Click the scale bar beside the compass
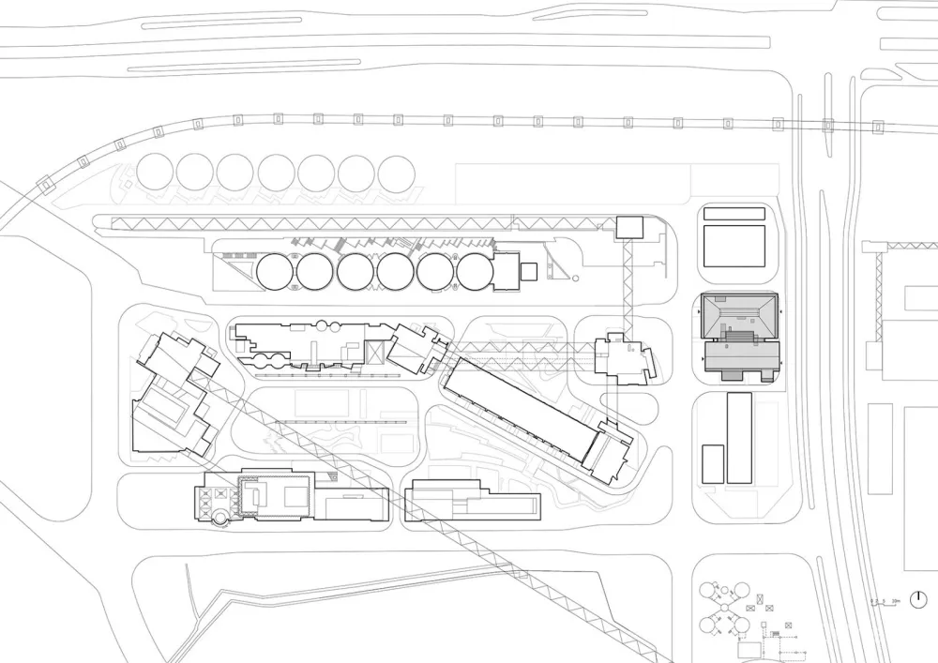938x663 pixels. (x=885, y=602)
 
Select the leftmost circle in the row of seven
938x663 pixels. (x=155, y=173)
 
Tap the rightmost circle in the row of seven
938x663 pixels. (x=397, y=173)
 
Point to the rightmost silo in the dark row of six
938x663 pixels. (x=476, y=272)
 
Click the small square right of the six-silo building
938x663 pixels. (x=529, y=271)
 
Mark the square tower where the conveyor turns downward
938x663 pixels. (x=628, y=226)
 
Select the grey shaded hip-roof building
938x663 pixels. (x=740, y=335)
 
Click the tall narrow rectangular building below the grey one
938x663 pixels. (x=739, y=438)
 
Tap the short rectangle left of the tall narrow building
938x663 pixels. (x=713, y=463)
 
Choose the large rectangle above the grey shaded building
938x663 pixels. (x=734, y=246)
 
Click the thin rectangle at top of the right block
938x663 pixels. (x=734, y=214)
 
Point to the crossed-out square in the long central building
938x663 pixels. (x=377, y=352)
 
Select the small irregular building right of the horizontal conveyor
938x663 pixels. (x=623, y=357)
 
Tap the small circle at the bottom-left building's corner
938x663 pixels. (x=218, y=517)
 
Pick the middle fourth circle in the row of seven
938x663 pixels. (x=276, y=173)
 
